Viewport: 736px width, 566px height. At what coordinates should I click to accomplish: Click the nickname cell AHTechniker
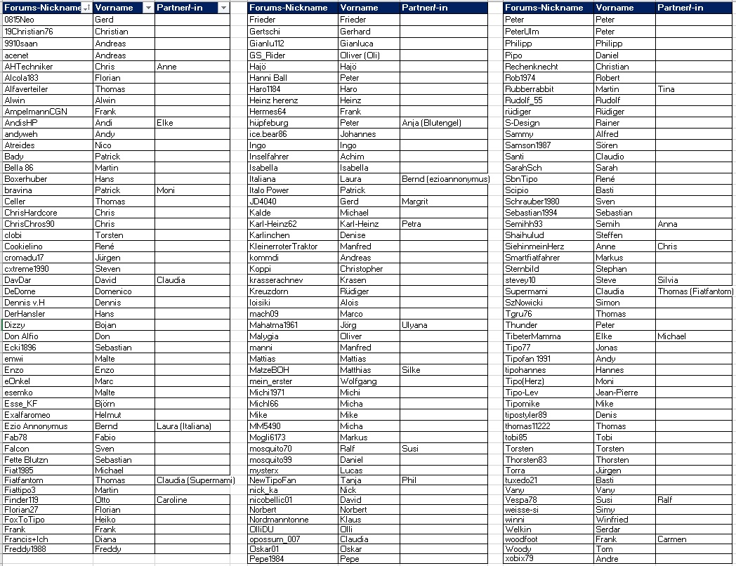(29, 67)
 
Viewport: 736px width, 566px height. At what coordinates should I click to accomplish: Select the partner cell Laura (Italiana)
(183, 426)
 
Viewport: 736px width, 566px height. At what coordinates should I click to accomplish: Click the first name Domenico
(113, 291)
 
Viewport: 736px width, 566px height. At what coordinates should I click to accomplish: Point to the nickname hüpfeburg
(269, 123)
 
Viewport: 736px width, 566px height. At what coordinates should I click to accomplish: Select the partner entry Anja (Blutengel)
(431, 123)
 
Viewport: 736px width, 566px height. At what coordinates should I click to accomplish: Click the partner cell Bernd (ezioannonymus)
(445, 179)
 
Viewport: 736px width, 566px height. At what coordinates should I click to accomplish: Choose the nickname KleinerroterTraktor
(284, 246)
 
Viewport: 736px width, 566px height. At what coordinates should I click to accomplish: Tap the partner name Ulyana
(414, 325)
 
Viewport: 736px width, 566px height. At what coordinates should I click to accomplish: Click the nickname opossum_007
(275, 539)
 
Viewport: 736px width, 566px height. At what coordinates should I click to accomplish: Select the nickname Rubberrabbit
(530, 89)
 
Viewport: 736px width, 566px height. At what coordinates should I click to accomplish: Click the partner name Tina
(666, 89)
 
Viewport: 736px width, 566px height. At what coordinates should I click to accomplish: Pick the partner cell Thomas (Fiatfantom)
(695, 291)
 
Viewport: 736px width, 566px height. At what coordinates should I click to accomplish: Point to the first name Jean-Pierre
(617, 393)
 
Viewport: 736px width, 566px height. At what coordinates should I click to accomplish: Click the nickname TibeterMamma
(533, 336)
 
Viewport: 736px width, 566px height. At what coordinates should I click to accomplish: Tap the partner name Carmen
(672, 539)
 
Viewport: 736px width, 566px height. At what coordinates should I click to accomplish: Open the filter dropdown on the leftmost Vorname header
(147, 8)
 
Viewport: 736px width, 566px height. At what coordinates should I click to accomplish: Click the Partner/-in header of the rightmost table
(680, 8)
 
